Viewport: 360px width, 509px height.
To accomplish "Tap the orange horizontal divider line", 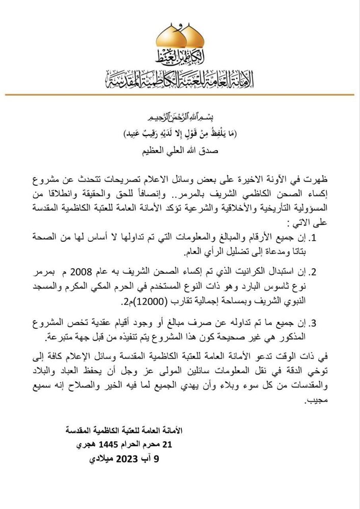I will (x=180, y=95).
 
